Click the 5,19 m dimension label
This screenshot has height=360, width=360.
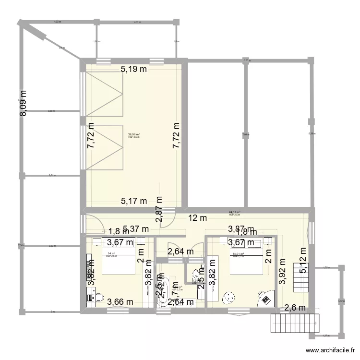coord(133,69)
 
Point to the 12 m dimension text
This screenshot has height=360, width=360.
coord(197,218)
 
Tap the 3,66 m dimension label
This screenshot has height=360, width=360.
coord(119,302)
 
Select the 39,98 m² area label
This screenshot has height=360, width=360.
coord(133,135)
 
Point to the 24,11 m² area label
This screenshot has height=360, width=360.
coord(234,212)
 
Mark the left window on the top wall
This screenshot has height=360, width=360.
coord(103,61)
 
